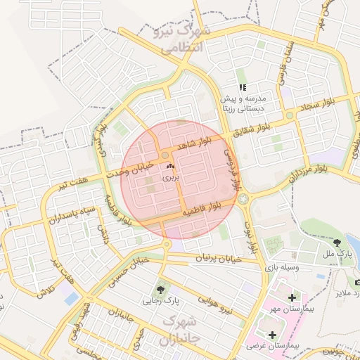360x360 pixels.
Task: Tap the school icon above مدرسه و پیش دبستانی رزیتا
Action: tap(243, 88)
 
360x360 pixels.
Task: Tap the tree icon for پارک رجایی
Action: tap(162, 288)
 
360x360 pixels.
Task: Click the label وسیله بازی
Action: tap(281, 268)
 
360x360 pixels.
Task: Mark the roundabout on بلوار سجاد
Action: tap(289, 115)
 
